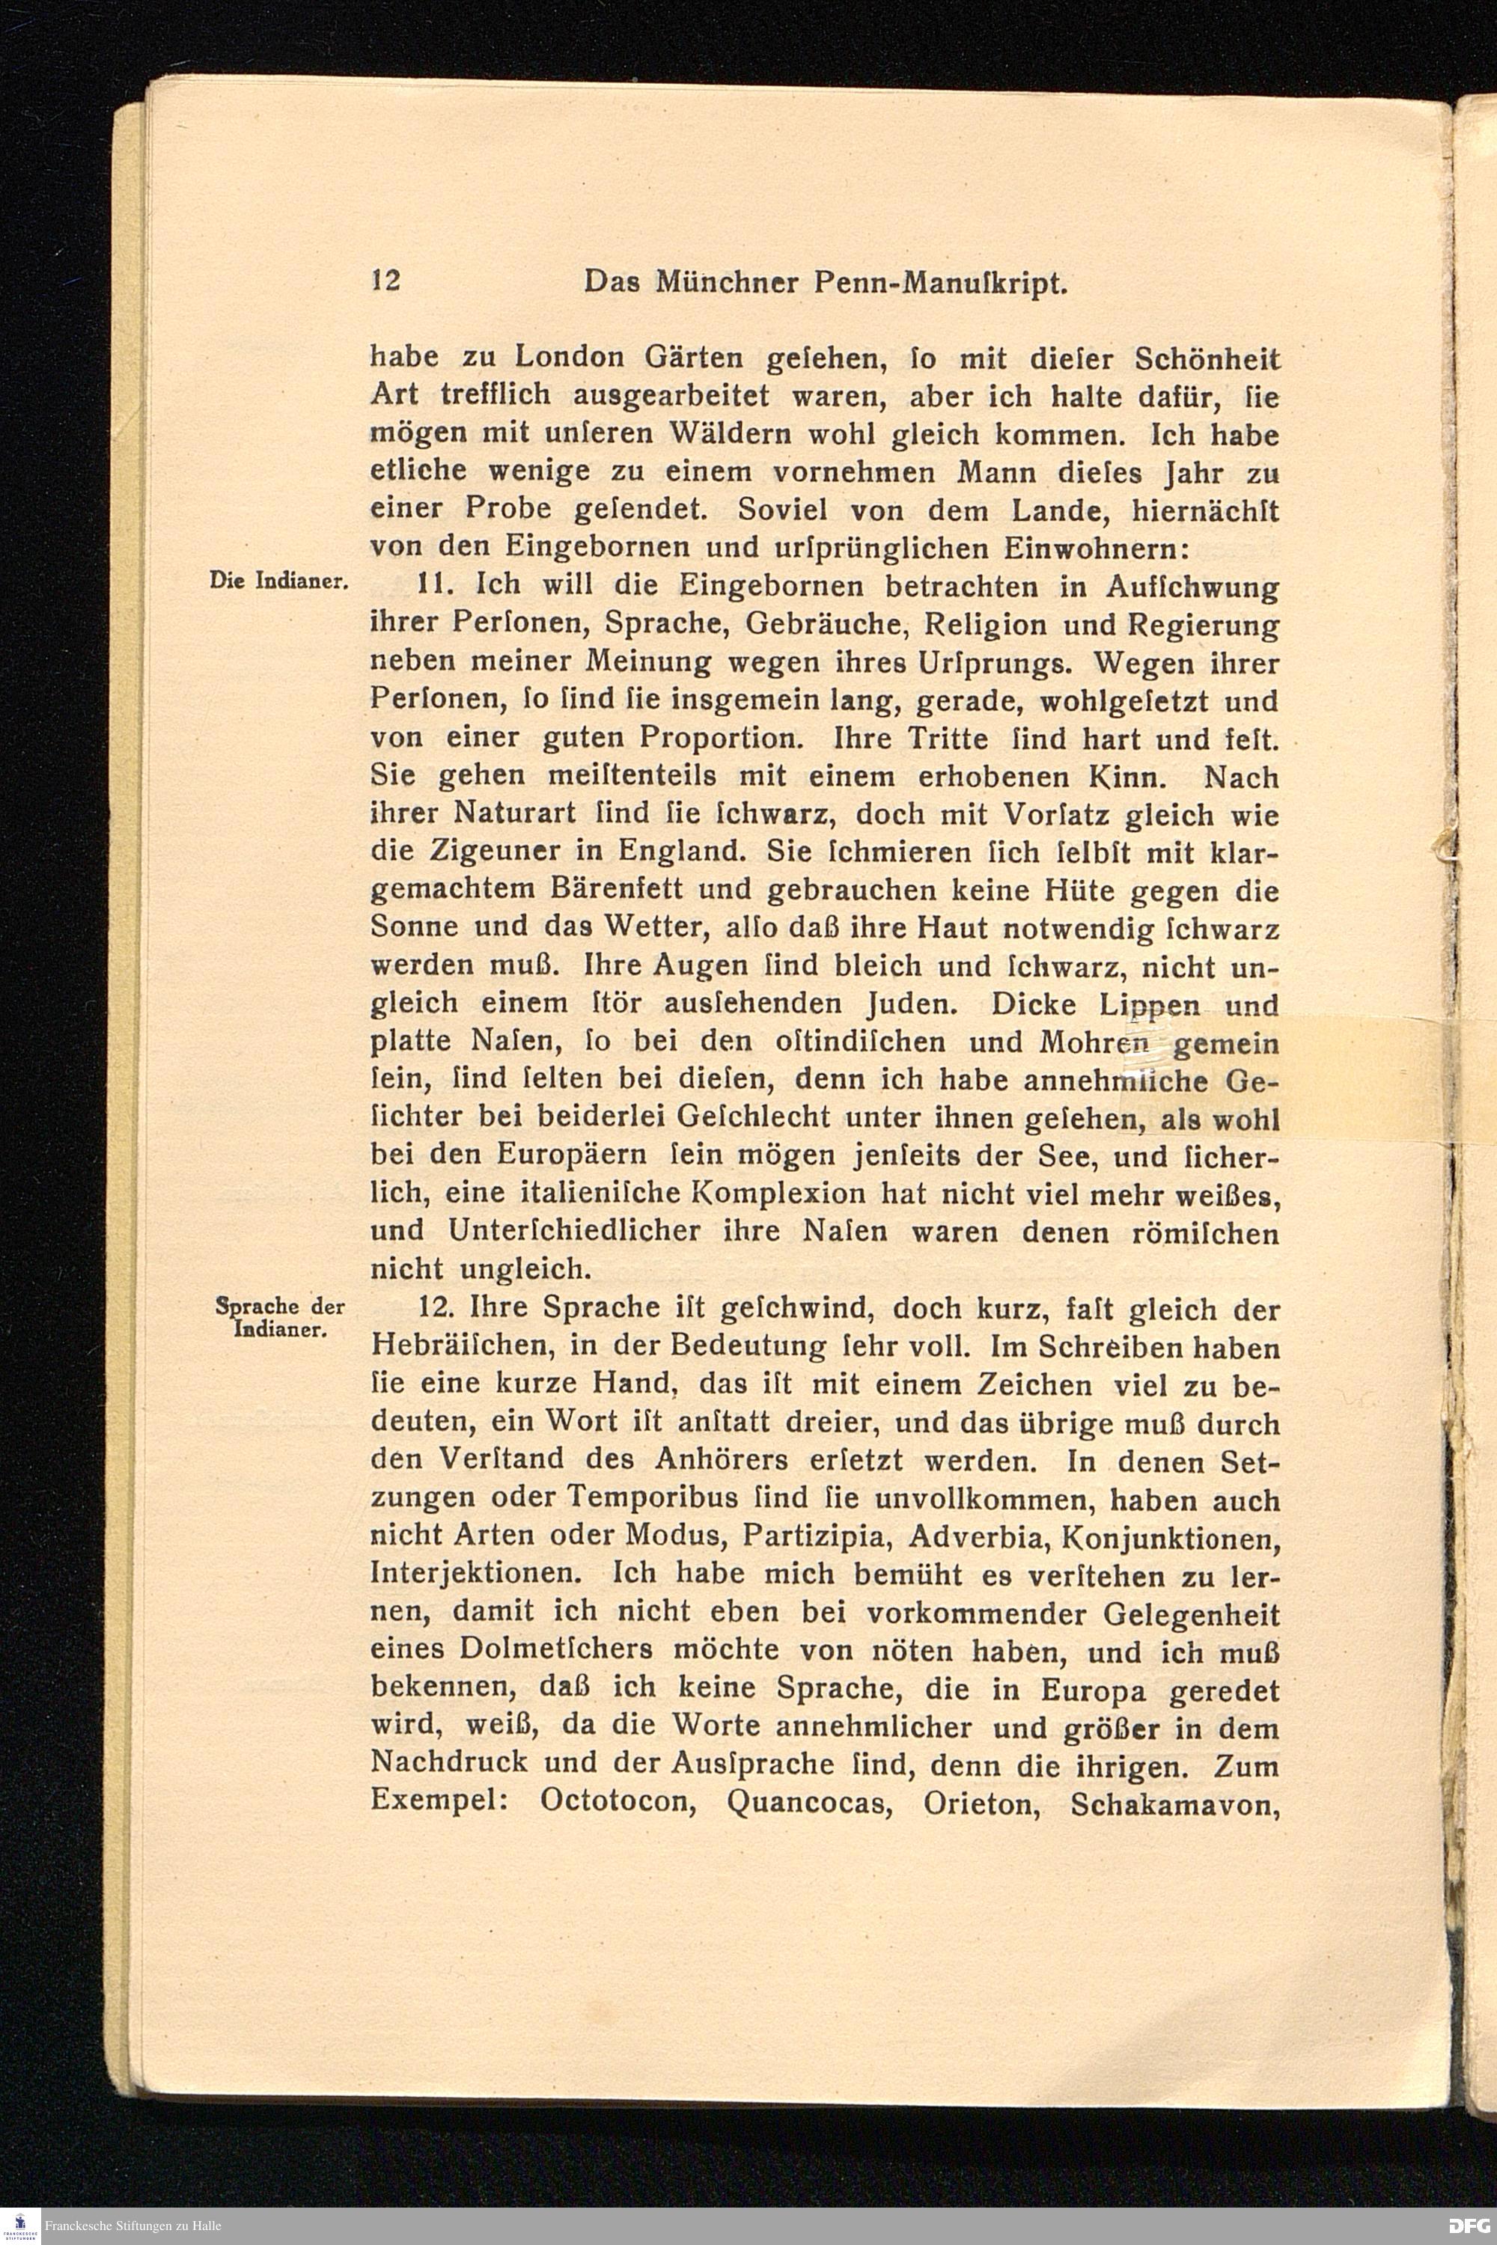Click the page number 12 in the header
pos(385,281)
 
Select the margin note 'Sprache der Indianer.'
pos(280,1317)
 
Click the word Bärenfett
pos(608,890)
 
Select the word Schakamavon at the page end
pos(1174,1802)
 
